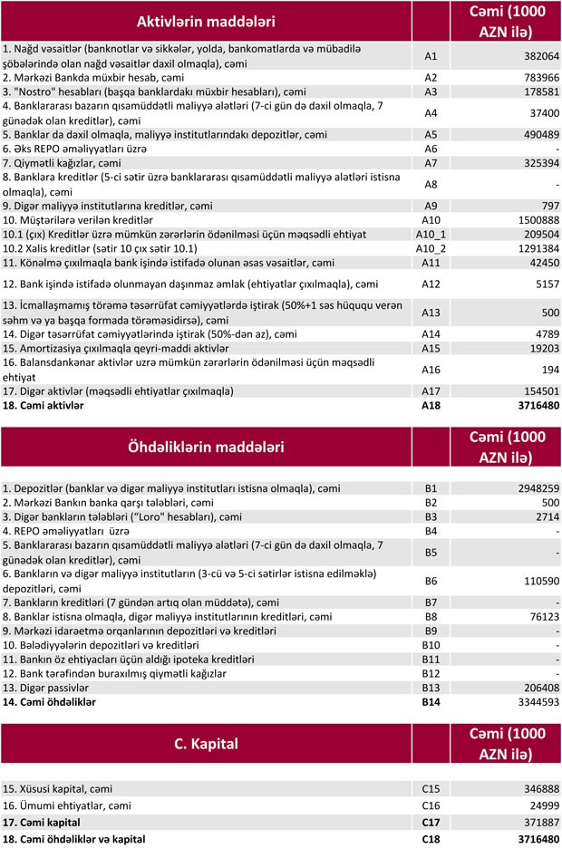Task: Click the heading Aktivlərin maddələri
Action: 206,20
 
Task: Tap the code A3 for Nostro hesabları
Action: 431,92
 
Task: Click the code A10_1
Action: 431,234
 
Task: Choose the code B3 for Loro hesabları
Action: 431,516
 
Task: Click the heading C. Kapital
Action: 206,744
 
